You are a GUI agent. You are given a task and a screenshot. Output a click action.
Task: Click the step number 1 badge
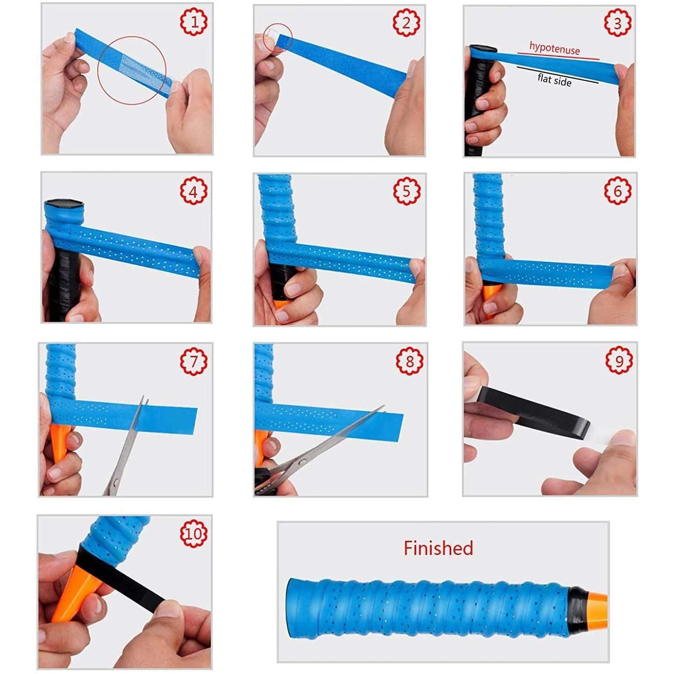click(x=194, y=22)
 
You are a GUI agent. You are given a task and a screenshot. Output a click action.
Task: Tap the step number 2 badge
click(x=406, y=22)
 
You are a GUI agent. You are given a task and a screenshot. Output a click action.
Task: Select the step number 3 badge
click(x=617, y=22)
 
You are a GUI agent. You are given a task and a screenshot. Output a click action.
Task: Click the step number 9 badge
click(x=619, y=360)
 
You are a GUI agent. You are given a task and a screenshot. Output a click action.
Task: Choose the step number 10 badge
click(x=194, y=534)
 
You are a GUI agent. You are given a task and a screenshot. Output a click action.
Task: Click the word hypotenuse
click(x=554, y=48)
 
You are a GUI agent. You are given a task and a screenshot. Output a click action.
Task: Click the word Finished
click(x=438, y=548)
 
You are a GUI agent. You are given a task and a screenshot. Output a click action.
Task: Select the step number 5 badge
click(x=406, y=191)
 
